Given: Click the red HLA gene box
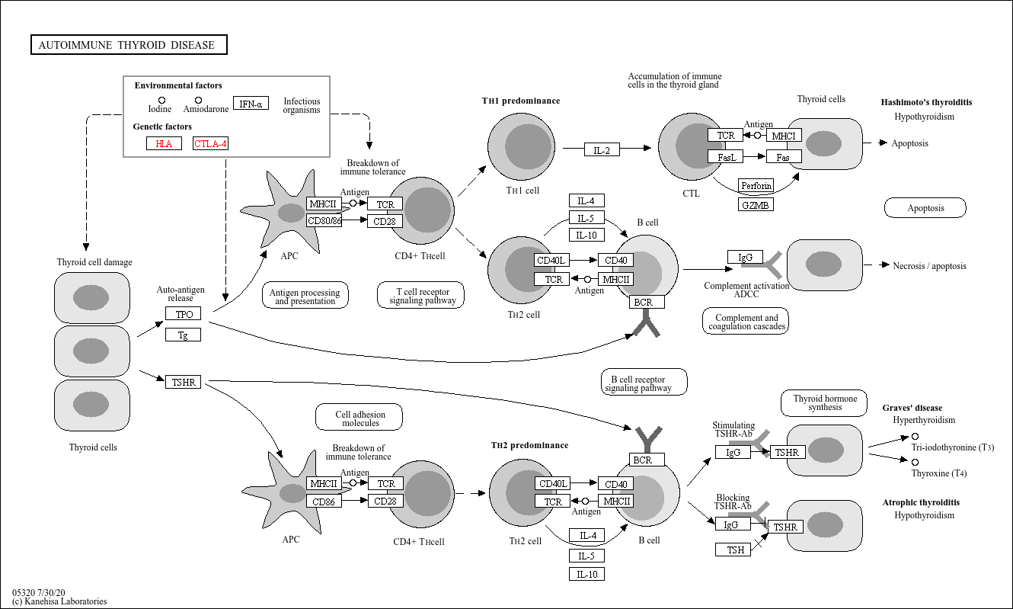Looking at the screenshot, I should tap(164, 143).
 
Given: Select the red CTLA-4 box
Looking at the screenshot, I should tap(210, 143).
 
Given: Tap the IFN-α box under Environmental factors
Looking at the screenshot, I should tap(250, 104).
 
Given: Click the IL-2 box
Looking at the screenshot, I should tap(602, 150).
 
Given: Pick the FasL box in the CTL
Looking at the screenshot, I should tap(725, 157).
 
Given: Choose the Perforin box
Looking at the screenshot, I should tap(756, 186).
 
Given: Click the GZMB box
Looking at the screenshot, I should tap(756, 204).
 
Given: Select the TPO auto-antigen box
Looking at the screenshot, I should tap(183, 314).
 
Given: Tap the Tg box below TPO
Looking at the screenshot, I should tap(183, 335).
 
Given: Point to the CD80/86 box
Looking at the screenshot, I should tap(324, 221).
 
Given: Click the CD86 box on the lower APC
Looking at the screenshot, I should tap(324, 502).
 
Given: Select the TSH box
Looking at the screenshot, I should tap(735, 550).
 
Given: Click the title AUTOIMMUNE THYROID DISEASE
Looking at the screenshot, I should tap(129, 45).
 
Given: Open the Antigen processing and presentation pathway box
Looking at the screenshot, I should tap(305, 296).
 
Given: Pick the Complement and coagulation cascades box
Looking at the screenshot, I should tap(746, 322).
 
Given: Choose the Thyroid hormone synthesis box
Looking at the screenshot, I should tap(824, 403).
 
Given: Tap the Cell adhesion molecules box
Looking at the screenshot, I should tap(360, 418).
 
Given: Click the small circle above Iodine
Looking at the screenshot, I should tap(161, 100).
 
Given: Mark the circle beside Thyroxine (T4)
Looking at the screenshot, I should tap(915, 462).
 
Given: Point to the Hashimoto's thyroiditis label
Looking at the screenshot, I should tap(926, 102).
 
